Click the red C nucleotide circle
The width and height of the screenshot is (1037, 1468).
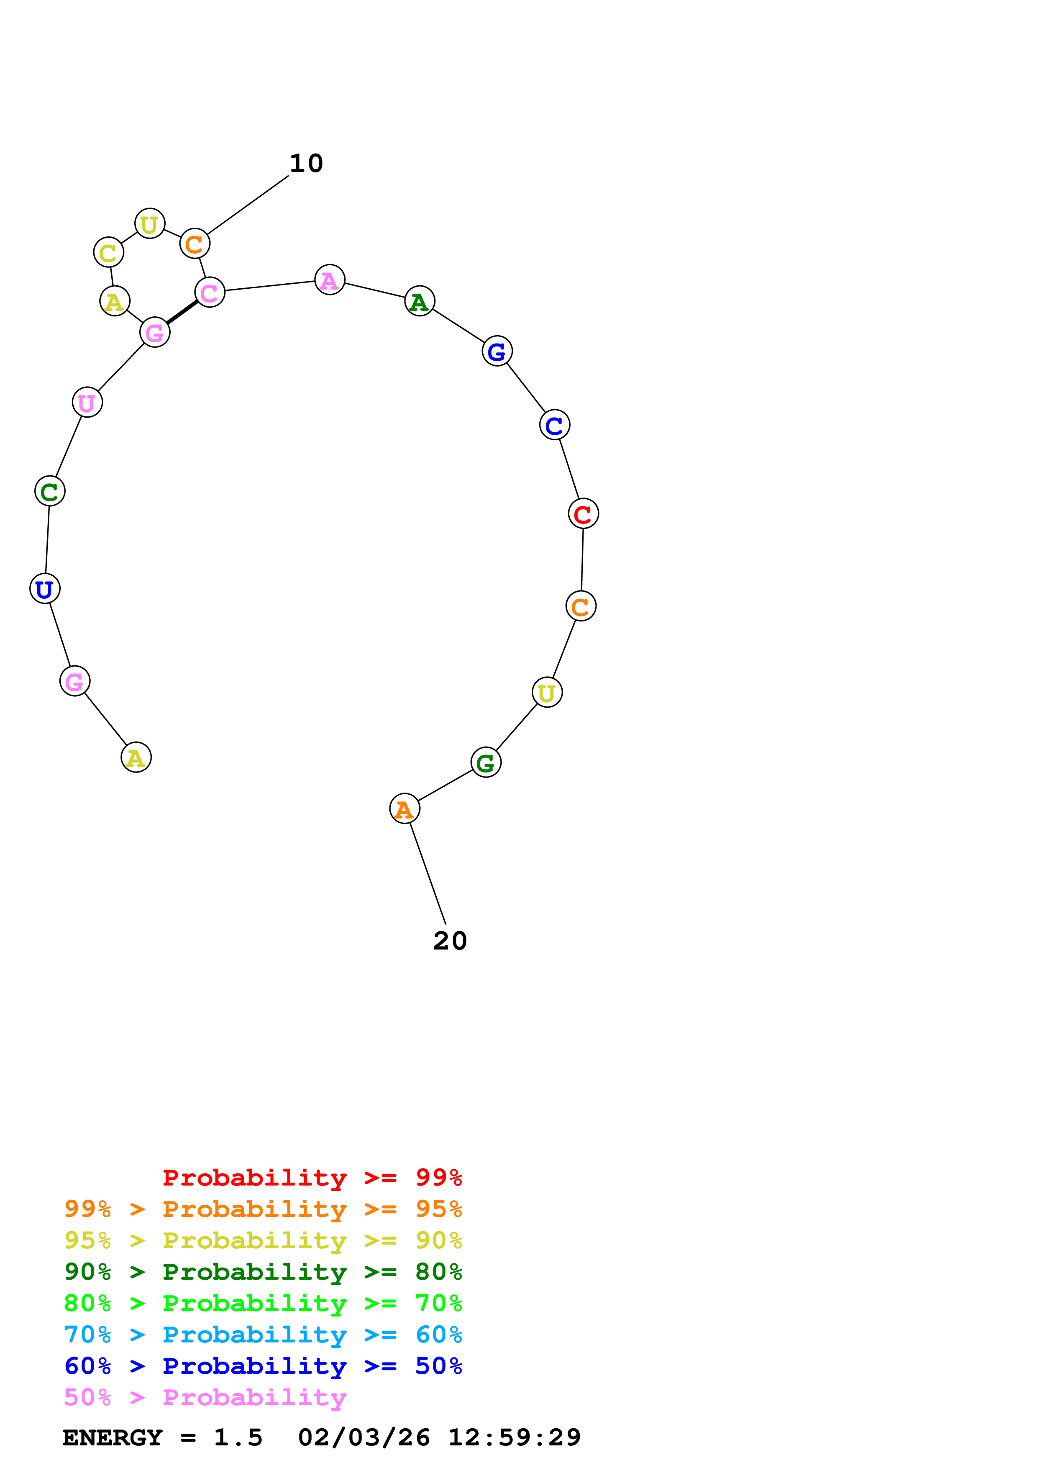click(x=583, y=513)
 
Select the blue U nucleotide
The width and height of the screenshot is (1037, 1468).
click(x=45, y=588)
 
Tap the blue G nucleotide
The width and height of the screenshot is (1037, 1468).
click(x=497, y=351)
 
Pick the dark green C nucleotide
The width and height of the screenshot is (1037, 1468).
click(x=50, y=491)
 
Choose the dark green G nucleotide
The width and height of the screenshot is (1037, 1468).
click(x=486, y=762)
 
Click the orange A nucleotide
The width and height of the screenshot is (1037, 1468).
click(x=405, y=809)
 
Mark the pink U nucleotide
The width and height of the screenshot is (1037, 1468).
click(x=87, y=402)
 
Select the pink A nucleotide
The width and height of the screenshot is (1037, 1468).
click(x=330, y=280)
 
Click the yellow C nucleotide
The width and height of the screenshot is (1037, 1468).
click(x=109, y=253)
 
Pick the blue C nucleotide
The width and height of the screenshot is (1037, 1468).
click(x=554, y=425)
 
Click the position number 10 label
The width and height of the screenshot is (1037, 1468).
click(x=306, y=164)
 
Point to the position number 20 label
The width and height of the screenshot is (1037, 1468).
click(x=450, y=941)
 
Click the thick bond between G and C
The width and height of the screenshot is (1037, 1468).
click(x=182, y=313)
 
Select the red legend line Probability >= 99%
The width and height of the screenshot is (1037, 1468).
click(x=312, y=1177)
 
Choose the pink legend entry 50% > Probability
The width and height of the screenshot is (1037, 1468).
click(x=205, y=1397)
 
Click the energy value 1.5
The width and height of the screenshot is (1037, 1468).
click(x=238, y=1437)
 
